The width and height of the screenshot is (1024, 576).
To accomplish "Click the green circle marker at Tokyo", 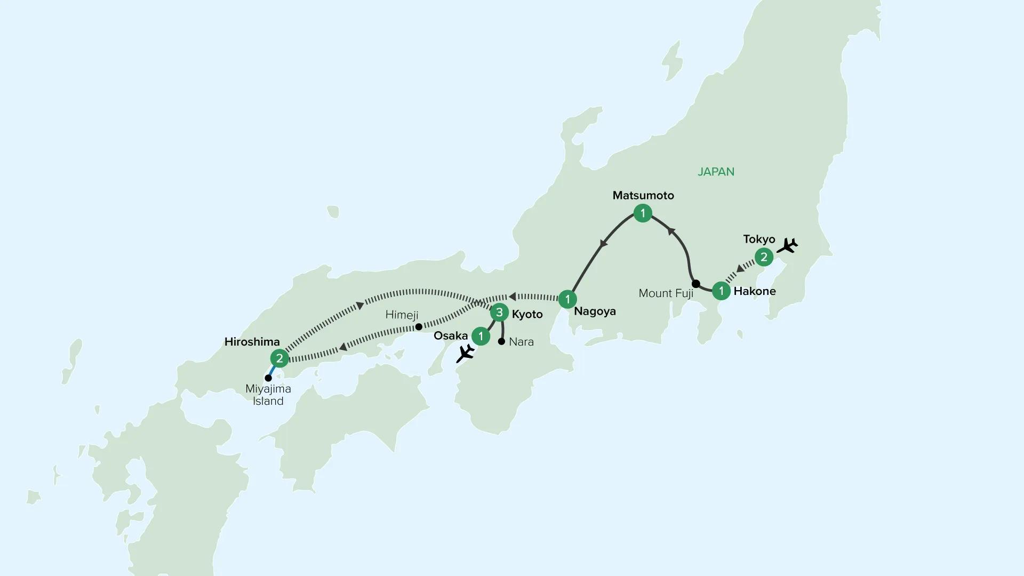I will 764,257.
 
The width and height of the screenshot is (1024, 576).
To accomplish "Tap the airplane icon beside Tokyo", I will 787,246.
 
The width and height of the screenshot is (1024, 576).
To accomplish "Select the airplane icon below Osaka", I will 466,353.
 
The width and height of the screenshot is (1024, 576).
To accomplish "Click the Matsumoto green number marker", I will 643,213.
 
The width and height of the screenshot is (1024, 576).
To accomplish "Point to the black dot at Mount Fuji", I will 695,283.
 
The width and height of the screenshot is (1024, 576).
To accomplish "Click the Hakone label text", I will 755,291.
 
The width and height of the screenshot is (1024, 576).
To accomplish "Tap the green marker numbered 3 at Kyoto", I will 499,313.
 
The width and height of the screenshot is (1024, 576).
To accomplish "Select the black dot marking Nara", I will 501,341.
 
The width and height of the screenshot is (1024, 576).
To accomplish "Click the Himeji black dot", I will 419,326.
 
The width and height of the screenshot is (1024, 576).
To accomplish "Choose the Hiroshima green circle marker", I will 279,358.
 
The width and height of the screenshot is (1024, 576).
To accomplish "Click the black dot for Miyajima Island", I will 268,378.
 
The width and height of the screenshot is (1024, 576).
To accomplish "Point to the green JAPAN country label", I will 716,172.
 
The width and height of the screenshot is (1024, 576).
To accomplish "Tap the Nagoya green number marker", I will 567,299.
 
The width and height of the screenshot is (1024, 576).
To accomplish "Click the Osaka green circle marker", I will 481,336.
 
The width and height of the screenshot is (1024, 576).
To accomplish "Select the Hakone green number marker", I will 721,291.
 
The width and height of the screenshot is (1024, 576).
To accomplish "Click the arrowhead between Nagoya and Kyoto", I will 513,296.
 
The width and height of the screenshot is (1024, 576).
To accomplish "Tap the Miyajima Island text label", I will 268,395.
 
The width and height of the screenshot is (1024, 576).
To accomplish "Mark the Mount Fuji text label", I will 666,293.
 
